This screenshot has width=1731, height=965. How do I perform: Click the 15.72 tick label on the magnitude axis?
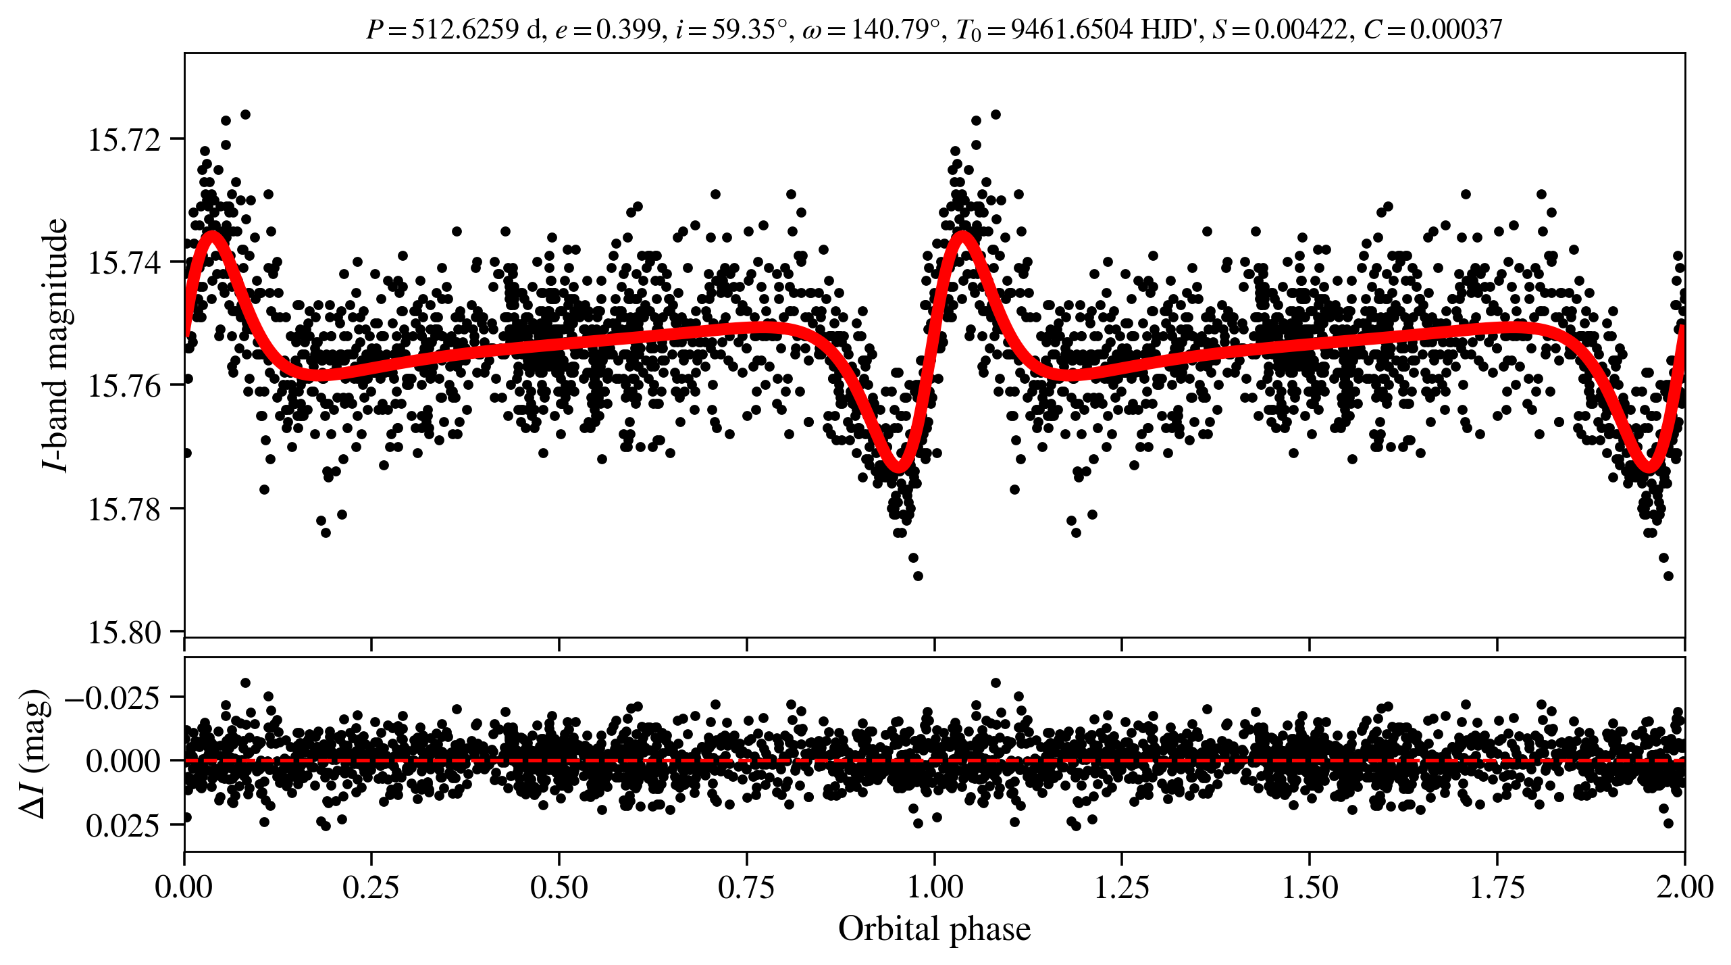125,141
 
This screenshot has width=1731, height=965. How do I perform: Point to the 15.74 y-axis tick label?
125,264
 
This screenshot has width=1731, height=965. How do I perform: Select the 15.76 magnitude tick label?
125,387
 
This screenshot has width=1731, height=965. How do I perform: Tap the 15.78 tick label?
125,510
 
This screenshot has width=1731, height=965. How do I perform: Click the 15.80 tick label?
125,633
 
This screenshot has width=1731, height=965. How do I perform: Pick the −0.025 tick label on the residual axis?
113,697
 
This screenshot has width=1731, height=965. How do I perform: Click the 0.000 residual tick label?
124,762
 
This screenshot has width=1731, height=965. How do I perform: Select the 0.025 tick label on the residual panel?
124,826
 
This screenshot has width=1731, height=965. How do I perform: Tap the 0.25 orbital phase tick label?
371,887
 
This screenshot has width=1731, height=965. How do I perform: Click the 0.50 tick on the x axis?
559,887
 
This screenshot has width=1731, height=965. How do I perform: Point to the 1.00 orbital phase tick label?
934,887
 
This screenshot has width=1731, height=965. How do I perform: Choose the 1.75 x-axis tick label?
1497,887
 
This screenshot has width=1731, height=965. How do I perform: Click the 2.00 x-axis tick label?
1684,887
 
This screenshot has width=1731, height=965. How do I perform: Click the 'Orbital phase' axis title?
934,929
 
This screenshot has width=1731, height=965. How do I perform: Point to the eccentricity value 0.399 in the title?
626,30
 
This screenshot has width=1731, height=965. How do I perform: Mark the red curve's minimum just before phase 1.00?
898,466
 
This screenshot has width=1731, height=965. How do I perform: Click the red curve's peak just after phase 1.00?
963,237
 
